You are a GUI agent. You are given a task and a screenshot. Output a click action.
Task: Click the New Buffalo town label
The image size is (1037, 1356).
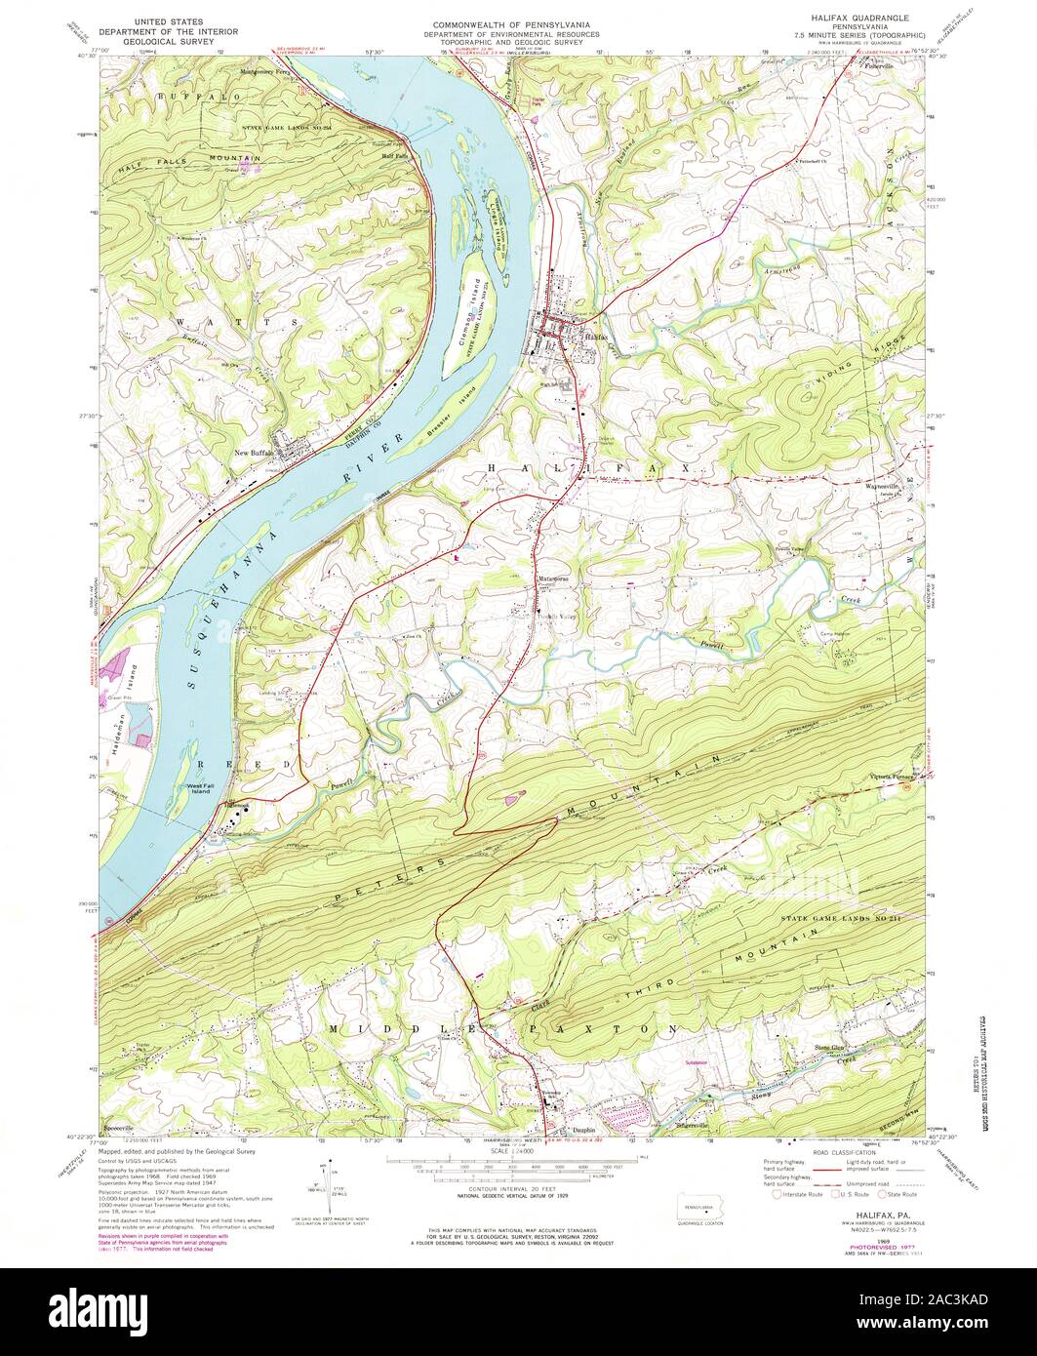click(256, 453)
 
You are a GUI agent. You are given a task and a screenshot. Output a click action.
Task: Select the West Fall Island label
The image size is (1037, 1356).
click(200, 787)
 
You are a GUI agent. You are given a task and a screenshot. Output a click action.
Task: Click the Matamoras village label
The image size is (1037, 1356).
click(552, 578)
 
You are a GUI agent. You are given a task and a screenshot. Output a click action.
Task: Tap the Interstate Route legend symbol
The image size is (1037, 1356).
click(777, 1193)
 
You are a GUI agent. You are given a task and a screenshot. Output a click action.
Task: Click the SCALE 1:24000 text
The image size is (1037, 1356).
click(518, 1151)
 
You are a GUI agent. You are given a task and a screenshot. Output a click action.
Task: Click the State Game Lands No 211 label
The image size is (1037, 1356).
click(839, 918)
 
